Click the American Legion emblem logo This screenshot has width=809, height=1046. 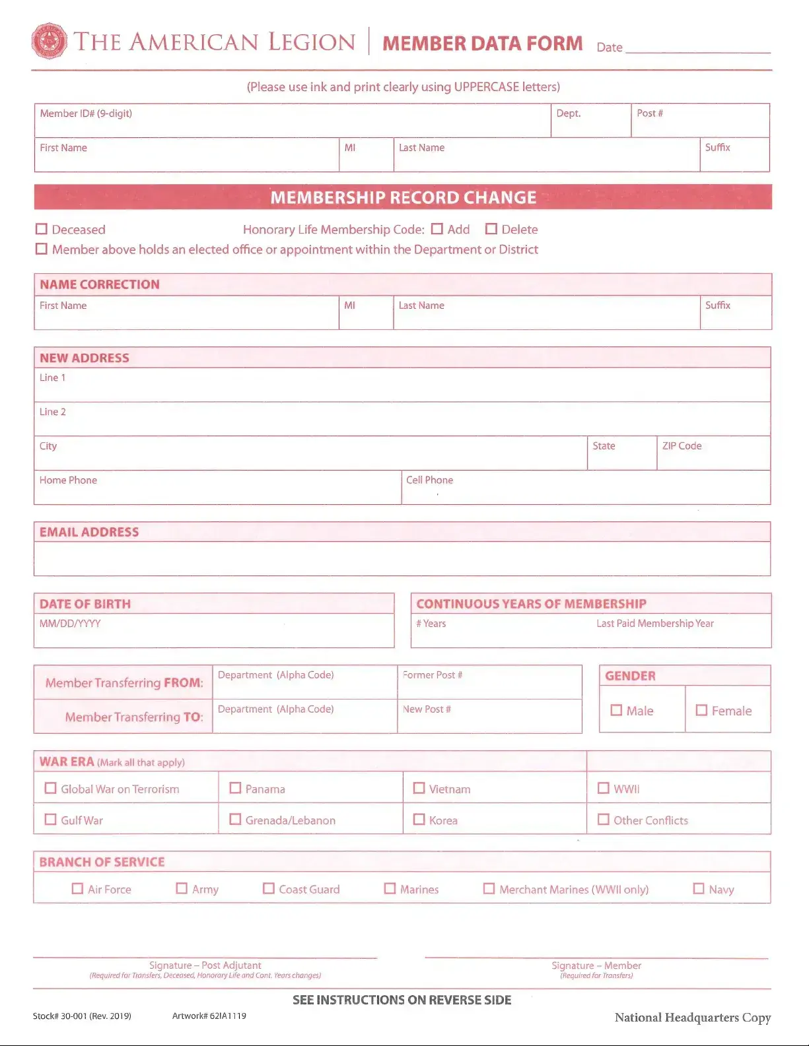coord(49,41)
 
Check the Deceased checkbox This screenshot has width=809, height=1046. coord(42,229)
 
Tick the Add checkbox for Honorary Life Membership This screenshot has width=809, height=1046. coord(437,229)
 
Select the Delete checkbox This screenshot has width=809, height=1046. coord(491,229)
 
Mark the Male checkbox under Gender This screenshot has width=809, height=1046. coord(616,710)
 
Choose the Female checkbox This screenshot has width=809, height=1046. coord(701,710)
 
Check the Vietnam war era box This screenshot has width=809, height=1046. coord(419,788)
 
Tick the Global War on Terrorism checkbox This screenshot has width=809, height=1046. coord(50,788)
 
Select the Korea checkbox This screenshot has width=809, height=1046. coord(419,819)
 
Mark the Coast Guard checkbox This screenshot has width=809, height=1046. coord(269,888)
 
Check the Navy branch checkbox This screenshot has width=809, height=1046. coord(698,888)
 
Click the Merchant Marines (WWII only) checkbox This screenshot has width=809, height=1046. coord(489,888)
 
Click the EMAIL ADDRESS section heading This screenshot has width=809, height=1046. coord(89,532)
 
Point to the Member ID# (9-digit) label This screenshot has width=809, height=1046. coord(86,114)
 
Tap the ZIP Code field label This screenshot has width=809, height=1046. coord(682,446)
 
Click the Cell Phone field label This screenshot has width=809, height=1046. coord(429,480)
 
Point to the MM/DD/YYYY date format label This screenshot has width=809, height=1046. coord(70,624)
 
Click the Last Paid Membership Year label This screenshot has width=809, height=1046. coord(654,624)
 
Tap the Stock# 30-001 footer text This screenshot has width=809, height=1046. coord(82,1016)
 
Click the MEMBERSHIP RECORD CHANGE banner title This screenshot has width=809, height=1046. coord(403,197)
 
